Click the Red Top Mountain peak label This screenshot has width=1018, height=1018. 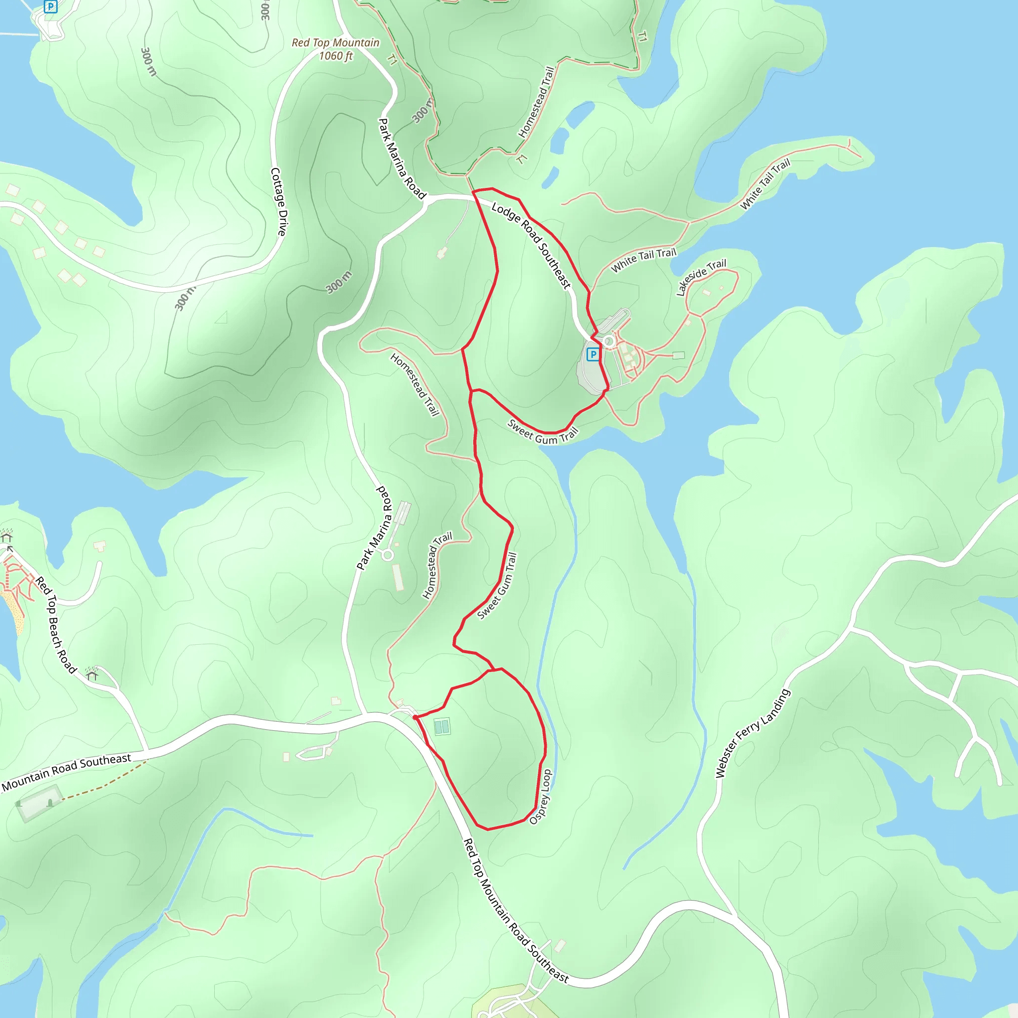click(x=336, y=43)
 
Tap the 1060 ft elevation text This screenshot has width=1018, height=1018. click(x=336, y=56)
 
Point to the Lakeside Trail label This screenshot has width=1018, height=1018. click(x=701, y=277)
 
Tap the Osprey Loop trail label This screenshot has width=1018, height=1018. click(x=541, y=797)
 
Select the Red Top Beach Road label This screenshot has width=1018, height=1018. click(x=56, y=624)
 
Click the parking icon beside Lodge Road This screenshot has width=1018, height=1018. click(x=594, y=354)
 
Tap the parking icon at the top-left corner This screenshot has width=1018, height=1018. click(x=50, y=7)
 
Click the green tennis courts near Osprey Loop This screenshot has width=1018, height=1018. click(x=442, y=727)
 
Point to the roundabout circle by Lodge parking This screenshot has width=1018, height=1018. click(x=609, y=341)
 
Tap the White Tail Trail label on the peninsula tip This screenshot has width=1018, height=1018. click(x=765, y=184)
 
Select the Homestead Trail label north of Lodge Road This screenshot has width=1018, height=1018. click(x=536, y=102)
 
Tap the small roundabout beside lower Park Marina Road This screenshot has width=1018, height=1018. click(x=388, y=555)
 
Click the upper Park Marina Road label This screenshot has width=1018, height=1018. click(x=402, y=159)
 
